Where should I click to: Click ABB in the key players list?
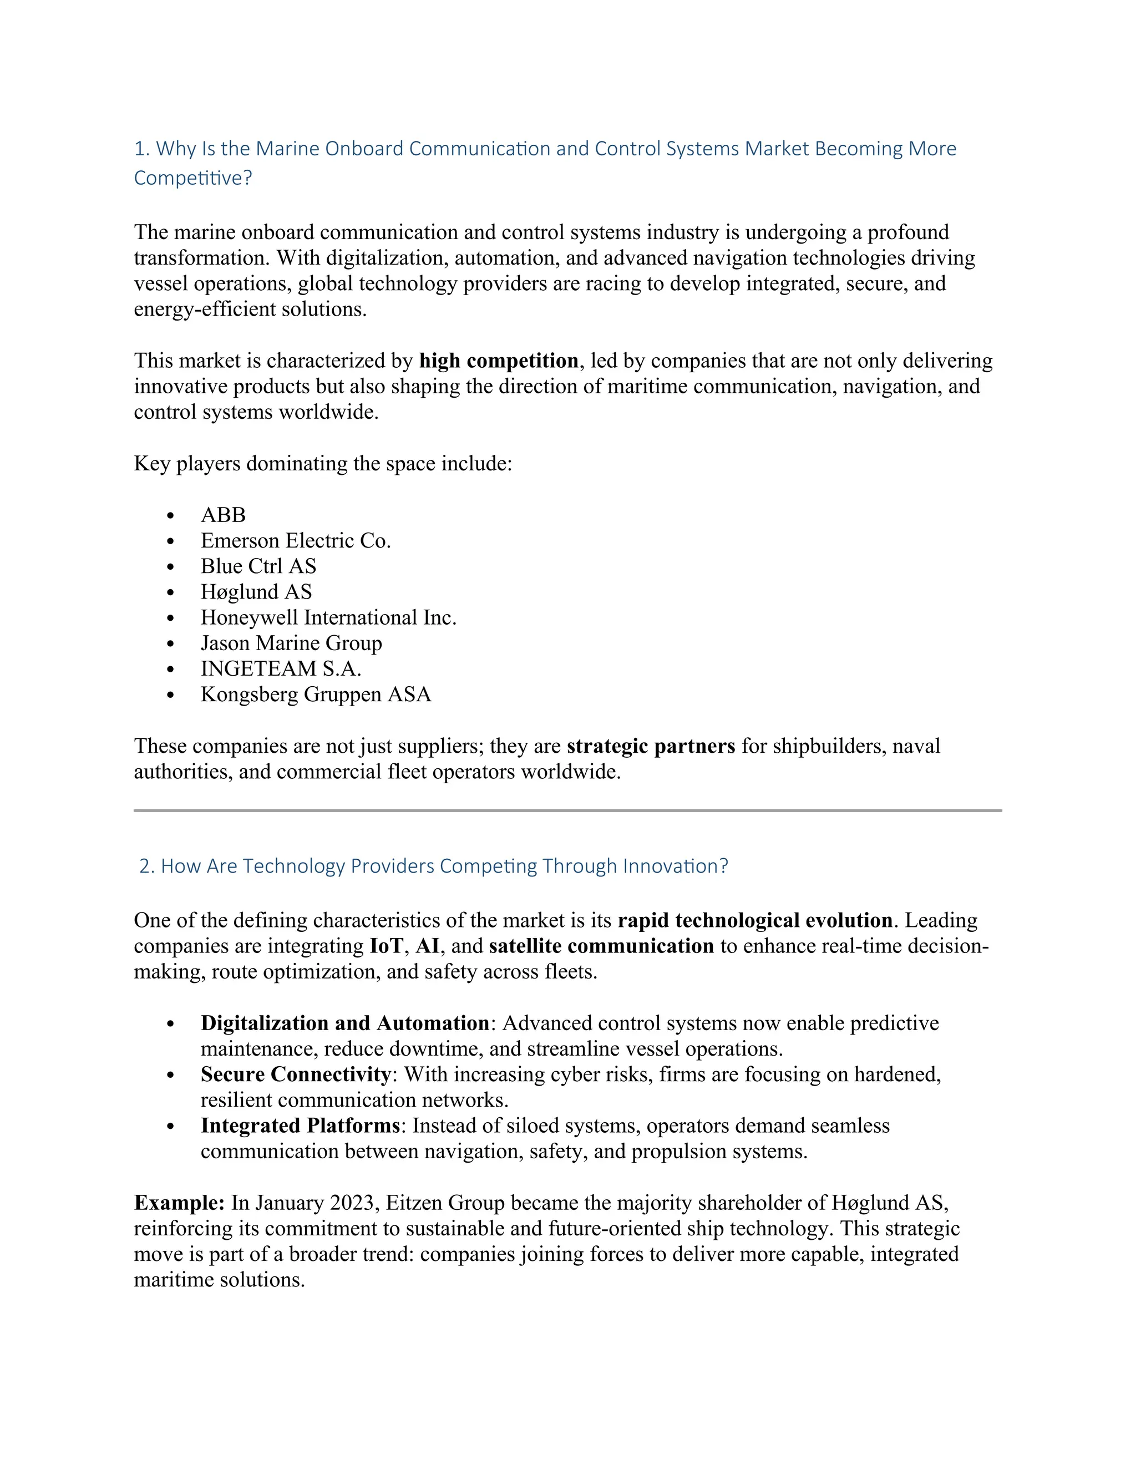[x=223, y=515]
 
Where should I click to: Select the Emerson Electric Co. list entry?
[x=296, y=541]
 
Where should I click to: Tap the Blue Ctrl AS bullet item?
[x=258, y=567]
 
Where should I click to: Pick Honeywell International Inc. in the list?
[x=328, y=618]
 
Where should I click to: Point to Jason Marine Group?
[x=291, y=643]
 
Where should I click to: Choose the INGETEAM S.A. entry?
[x=281, y=669]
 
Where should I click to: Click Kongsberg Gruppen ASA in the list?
[x=316, y=695]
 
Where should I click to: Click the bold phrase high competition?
[x=498, y=362]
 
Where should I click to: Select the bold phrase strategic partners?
[x=650, y=747]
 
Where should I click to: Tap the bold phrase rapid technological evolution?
[x=754, y=921]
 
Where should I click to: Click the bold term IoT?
[x=386, y=946]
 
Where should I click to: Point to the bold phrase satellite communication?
[x=601, y=946]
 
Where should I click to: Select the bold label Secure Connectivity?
[x=296, y=1075]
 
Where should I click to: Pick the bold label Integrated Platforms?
[x=300, y=1126]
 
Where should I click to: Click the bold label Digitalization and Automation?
[x=344, y=1024]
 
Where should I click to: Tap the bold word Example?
[x=179, y=1204]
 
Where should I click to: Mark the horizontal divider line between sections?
[x=567, y=810]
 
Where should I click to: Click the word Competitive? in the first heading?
[x=192, y=179]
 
